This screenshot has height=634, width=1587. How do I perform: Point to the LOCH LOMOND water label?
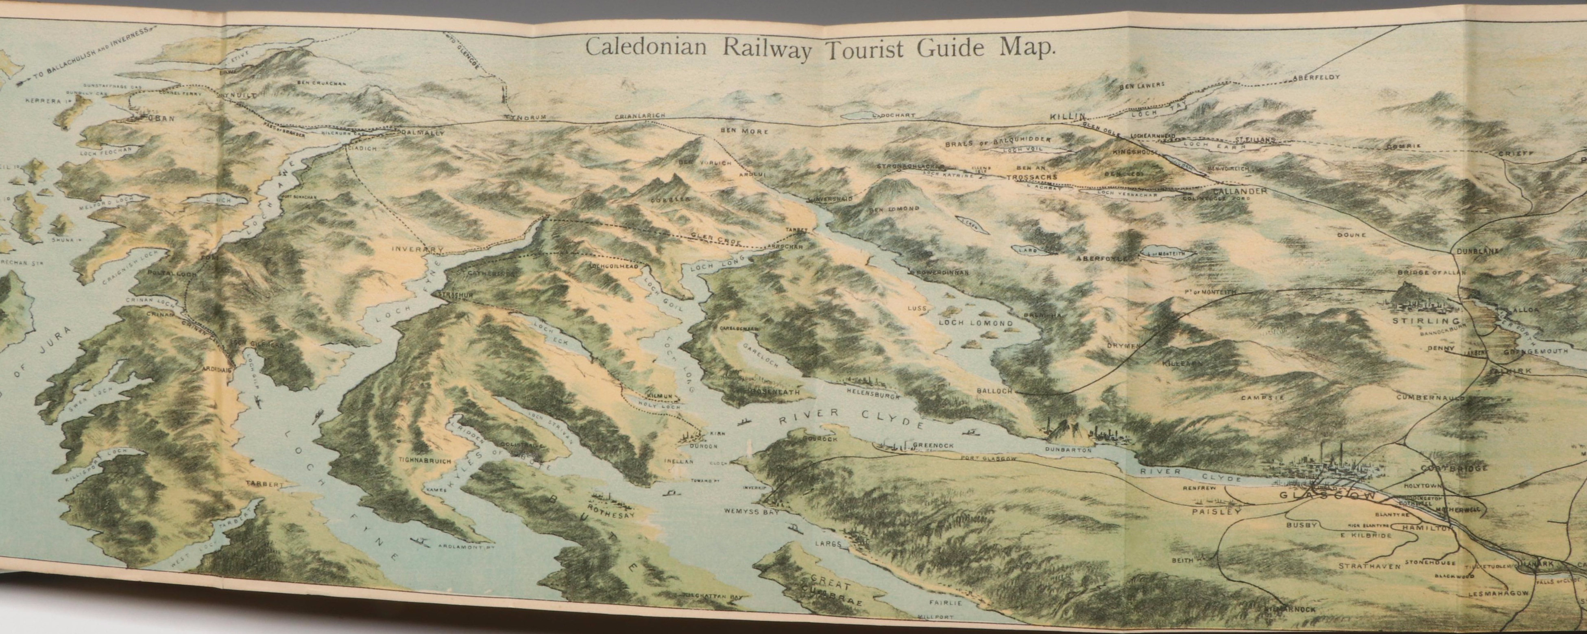click(975, 324)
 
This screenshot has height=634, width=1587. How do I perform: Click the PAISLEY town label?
click(1208, 512)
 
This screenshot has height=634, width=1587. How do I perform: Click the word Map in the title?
click(1031, 48)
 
